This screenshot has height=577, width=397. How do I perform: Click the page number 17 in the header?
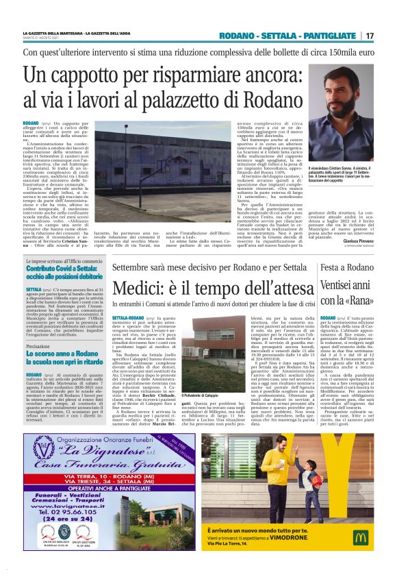tap(370, 36)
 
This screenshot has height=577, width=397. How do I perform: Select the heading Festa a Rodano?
tap(342, 267)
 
